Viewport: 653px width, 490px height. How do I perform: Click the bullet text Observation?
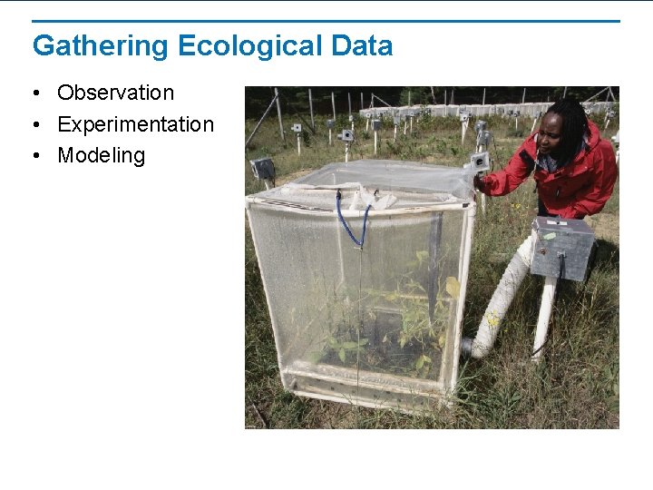pos(115,93)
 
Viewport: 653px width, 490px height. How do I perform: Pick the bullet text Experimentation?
pos(135,124)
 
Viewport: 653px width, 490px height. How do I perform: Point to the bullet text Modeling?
pos(101,155)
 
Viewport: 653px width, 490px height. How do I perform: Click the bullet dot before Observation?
pos(34,93)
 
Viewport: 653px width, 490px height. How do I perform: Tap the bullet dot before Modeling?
pos(34,156)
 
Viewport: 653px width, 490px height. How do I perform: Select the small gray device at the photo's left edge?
pos(262,168)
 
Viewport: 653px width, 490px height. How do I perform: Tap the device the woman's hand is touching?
pos(478,162)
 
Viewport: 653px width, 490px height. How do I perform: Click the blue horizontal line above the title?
pos(326,21)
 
